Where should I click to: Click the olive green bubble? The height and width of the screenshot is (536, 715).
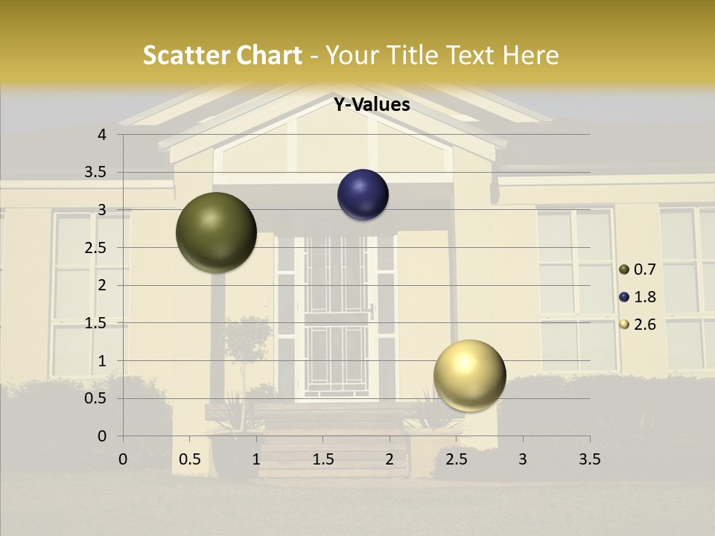coord(216,232)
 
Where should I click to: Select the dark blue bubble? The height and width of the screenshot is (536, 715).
coord(363,194)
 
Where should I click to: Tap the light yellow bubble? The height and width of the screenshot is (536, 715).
coord(469,375)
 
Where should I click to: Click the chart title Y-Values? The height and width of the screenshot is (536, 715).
coord(372,105)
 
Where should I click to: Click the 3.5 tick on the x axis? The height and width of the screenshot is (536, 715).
coord(589,459)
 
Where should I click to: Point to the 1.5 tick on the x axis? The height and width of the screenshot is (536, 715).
coord(323,459)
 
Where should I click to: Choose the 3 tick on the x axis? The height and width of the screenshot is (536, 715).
coord(523,459)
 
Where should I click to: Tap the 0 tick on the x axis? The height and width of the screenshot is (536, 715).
coord(123,459)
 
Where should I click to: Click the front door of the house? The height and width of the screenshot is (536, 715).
coord(337,320)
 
